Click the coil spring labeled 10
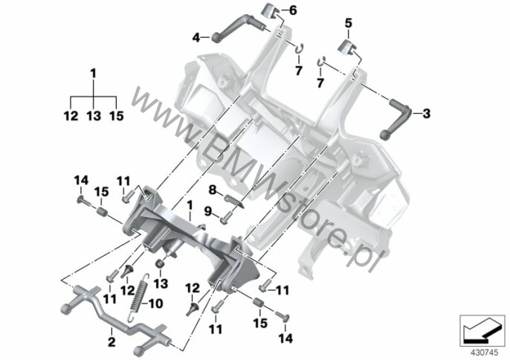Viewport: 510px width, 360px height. tap(139, 298)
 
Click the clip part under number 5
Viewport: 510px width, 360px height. tap(346, 46)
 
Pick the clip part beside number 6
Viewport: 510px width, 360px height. tap(270, 11)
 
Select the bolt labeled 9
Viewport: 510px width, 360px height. tap(226, 216)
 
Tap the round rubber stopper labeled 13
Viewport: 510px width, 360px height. tap(159, 263)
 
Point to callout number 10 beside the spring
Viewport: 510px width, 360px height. tap(155, 303)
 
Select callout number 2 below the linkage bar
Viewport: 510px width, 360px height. tap(112, 342)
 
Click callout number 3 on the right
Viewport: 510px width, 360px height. tap(427, 114)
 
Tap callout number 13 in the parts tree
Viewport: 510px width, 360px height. tap(94, 115)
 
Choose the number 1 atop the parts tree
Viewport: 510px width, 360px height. tap(94, 74)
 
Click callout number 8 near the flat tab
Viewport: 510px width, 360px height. tap(213, 190)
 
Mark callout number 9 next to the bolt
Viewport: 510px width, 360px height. tap(208, 212)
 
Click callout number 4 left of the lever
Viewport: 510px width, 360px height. tap(196, 38)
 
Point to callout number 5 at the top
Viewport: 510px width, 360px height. tap(349, 24)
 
